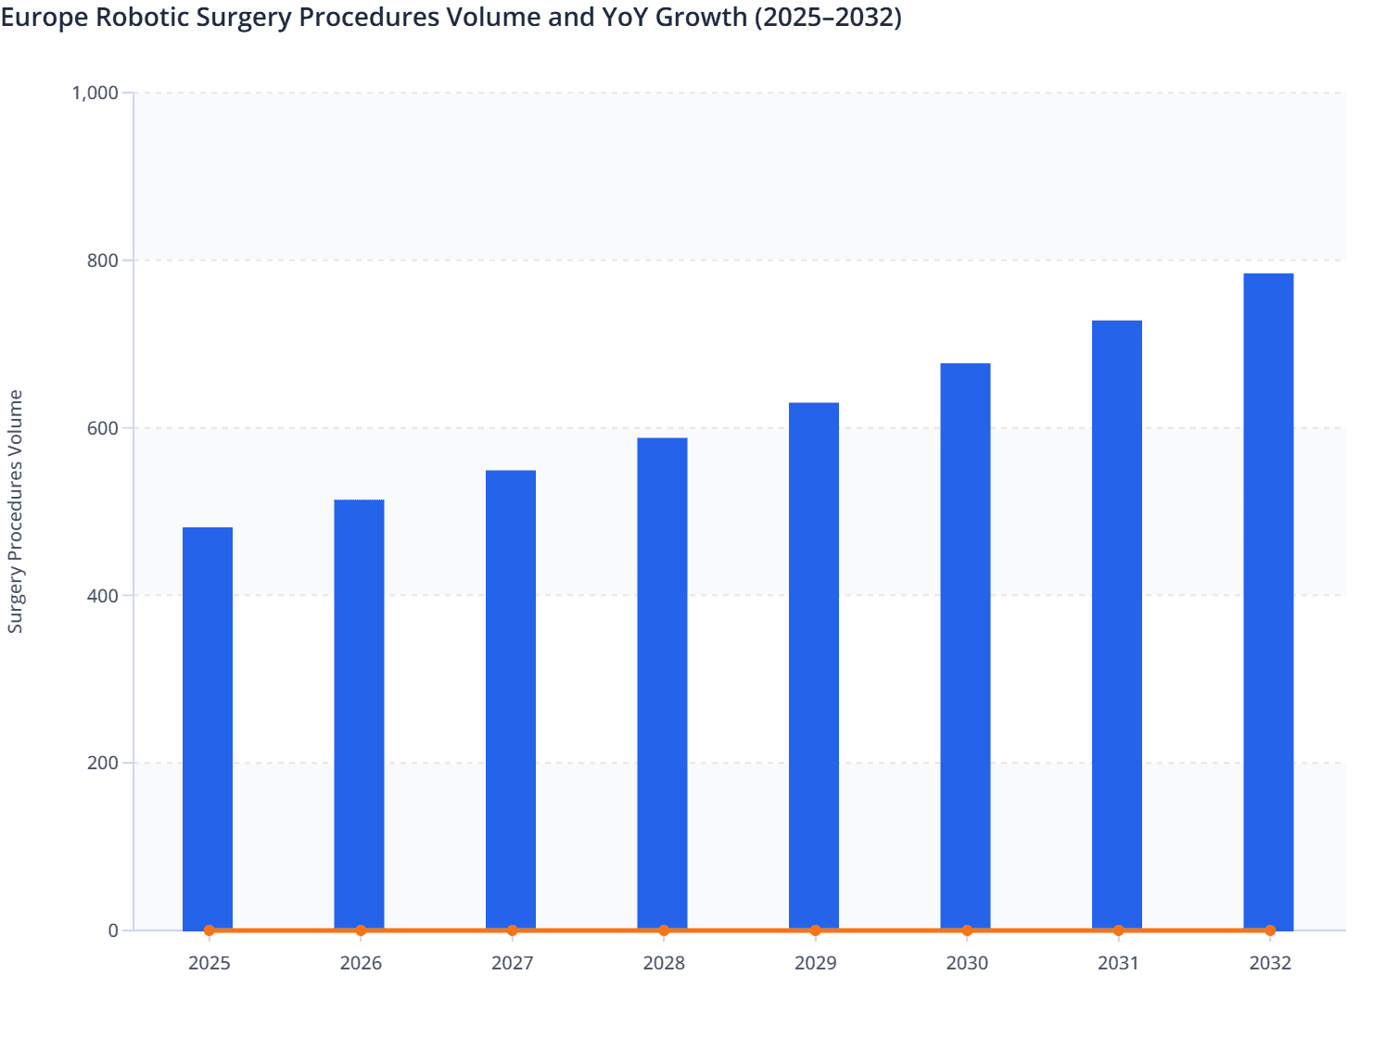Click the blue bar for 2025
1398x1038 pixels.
pos(208,728)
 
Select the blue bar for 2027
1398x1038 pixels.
pos(511,700)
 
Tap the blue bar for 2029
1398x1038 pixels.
pos(814,666)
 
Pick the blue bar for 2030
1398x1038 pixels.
pos(965,646)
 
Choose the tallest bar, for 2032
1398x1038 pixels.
pos(1268,601)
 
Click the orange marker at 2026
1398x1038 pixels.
pos(361,930)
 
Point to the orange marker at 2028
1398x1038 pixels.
pos(664,930)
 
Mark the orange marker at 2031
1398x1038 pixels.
pos(1118,930)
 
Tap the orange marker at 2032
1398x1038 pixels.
pos(1270,930)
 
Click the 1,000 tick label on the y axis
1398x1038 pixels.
pos(95,93)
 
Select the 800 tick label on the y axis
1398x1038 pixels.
pos(103,260)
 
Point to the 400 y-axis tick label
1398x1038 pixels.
pos(103,596)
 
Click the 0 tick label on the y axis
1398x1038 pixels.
pos(113,930)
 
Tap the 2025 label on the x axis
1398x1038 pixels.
pos(209,964)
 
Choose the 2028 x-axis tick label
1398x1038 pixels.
pos(664,964)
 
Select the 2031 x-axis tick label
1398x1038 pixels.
pos(1118,964)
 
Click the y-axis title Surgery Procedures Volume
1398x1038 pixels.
pos(16,512)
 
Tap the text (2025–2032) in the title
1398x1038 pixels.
pos(828,17)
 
